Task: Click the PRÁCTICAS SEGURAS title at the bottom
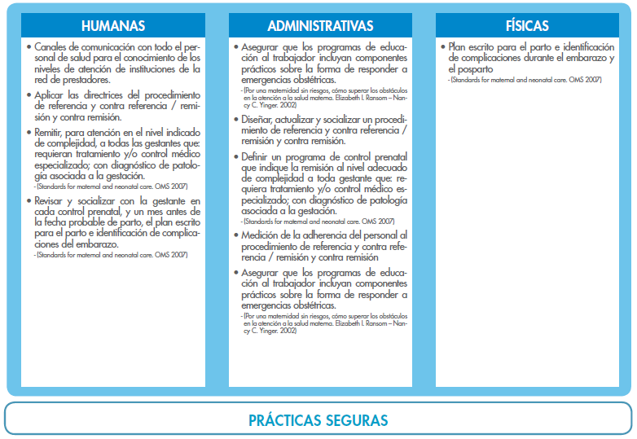click(x=318, y=420)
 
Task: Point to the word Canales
click(x=53, y=47)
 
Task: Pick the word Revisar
click(x=53, y=200)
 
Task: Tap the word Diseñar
click(x=261, y=121)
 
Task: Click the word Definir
click(x=260, y=156)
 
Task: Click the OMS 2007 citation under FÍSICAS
click(x=585, y=80)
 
